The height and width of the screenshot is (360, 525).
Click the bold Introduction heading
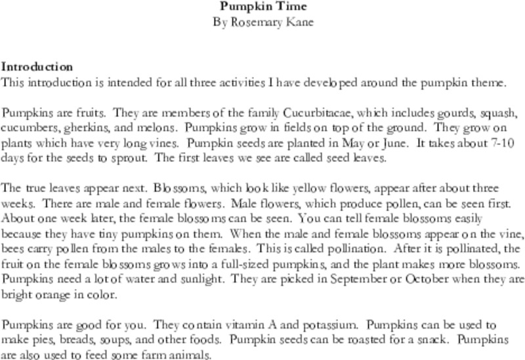tap(37, 67)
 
